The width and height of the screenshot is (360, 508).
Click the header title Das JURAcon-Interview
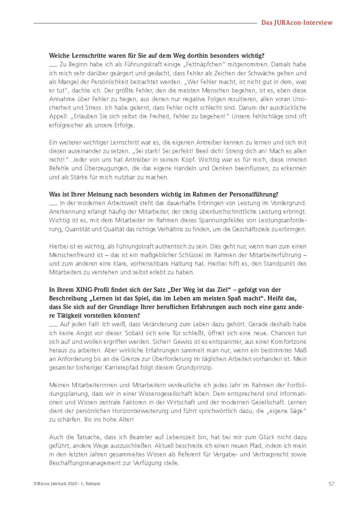[x=297, y=23]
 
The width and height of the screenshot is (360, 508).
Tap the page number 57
[x=331, y=484]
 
